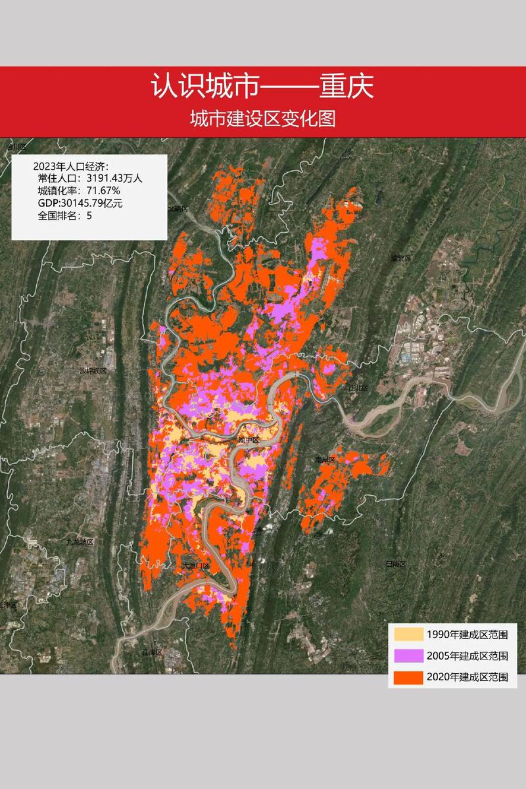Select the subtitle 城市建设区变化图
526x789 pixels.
(262, 119)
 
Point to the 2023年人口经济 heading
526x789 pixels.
(70, 165)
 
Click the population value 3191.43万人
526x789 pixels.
(119, 178)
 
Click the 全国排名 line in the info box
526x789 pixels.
(64, 215)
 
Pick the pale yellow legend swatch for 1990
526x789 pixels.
(408, 634)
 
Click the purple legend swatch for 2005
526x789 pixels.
(408, 656)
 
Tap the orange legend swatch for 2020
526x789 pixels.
(408, 677)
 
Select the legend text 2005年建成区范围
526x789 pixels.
(467, 656)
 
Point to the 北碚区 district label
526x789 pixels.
(178, 208)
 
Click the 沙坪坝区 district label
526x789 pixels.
(93, 371)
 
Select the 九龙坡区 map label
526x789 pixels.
(80, 542)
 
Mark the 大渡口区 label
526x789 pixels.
(195, 565)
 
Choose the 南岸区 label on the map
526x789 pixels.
(325, 459)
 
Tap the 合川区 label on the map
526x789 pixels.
(14, 146)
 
